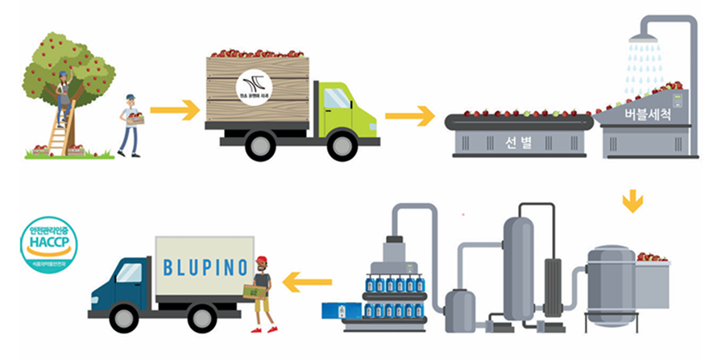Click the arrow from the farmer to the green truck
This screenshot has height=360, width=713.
175,110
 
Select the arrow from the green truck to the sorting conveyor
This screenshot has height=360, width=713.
409,116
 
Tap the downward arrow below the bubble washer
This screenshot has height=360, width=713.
633,201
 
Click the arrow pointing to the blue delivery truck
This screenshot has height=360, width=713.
308,282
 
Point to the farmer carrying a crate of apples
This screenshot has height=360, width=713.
131,125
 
